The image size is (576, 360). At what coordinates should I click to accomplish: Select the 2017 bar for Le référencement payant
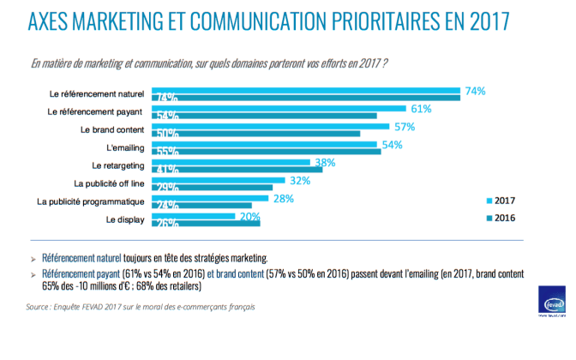279,108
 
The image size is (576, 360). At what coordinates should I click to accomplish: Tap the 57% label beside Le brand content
405,127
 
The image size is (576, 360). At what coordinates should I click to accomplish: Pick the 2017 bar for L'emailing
265,145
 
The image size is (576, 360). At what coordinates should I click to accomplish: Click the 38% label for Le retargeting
325,163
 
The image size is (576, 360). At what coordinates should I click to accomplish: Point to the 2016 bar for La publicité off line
212,187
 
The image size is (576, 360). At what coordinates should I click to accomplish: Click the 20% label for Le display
250,217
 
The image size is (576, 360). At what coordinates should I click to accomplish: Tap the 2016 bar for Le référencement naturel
306,98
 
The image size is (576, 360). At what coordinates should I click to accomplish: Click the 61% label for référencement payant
420,109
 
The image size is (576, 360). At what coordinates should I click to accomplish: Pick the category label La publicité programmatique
91,201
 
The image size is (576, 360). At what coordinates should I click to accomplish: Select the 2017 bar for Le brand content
270,127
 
